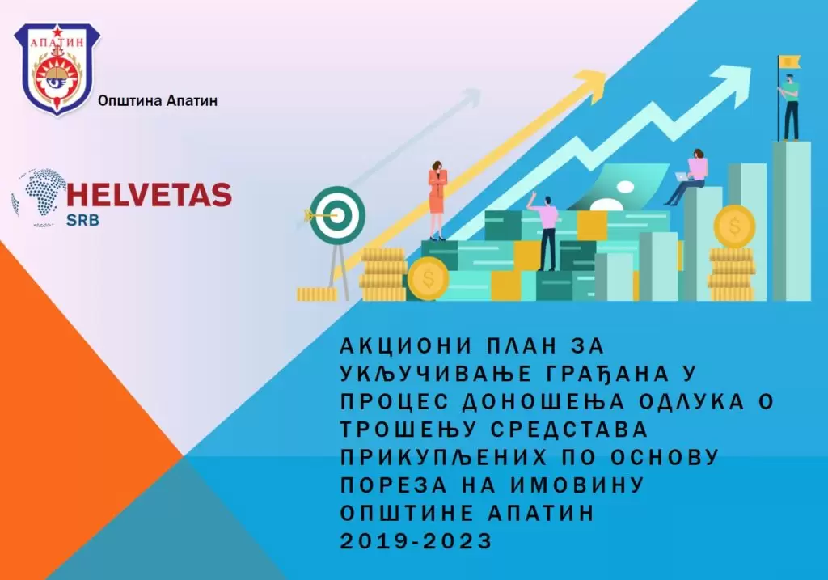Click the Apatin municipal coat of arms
pyautogui.click(x=57, y=70)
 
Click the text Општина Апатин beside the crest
pyautogui.click(x=158, y=100)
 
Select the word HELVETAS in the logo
pyautogui.click(x=150, y=194)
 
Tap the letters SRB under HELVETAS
pyautogui.click(x=82, y=220)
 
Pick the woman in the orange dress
pyautogui.click(x=437, y=201)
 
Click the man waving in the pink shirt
pyautogui.click(x=546, y=231)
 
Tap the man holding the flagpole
pyautogui.click(x=789, y=107)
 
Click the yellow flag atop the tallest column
pyautogui.click(x=789, y=61)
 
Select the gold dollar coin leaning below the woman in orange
pyautogui.click(x=429, y=278)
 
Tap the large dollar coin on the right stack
pyautogui.click(x=734, y=226)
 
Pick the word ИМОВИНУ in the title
pyautogui.click(x=577, y=485)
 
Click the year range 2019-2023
pyautogui.click(x=416, y=540)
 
